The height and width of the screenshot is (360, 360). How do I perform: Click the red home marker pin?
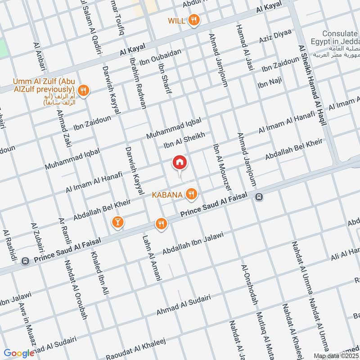click(x=180, y=163)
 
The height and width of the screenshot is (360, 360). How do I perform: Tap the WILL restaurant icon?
click(x=194, y=20)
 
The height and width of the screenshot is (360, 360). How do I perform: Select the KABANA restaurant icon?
click(x=192, y=194)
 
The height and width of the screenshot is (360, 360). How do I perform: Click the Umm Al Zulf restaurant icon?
click(x=83, y=90)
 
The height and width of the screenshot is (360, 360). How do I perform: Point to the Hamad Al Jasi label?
click(x=242, y=48)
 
